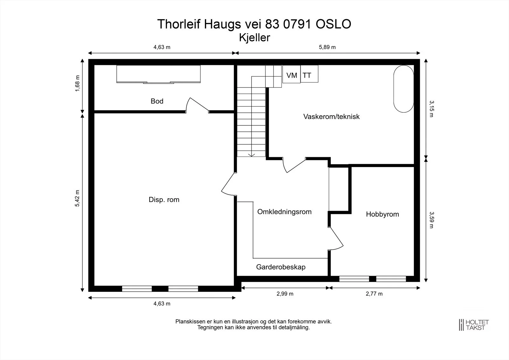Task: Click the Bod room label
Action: coord(157,101)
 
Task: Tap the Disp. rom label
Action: coord(164,200)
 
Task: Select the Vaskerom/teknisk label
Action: coord(331,117)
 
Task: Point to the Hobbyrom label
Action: coord(382,214)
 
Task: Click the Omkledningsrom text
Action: coord(284,212)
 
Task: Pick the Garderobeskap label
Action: coord(281,267)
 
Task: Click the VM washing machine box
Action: coord(291,74)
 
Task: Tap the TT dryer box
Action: coord(309,74)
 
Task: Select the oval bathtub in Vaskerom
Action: coord(404,89)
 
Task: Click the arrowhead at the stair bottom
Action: coord(251,155)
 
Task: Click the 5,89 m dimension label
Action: coord(327,47)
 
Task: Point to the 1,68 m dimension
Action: coord(78,83)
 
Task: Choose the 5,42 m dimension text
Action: coord(78,198)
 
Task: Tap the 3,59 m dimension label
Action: coord(431,220)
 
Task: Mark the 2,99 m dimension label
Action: coord(285,293)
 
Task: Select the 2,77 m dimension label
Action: coord(374,293)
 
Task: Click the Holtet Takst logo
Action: coord(474,325)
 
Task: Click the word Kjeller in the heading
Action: coord(254,38)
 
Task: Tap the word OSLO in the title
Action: coord(333,24)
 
